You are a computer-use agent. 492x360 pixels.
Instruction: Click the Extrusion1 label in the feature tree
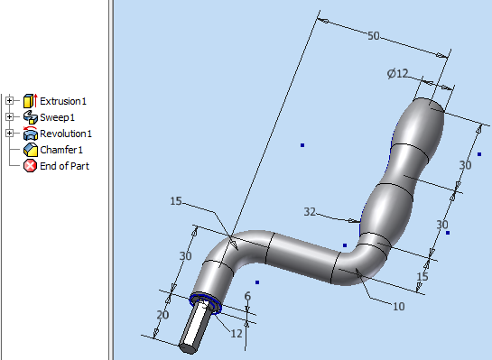[63, 101]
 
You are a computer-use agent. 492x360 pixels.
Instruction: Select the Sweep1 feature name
[57, 117]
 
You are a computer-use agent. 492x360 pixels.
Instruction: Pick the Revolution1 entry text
[66, 134]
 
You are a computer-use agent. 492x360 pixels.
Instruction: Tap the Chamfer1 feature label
[61, 150]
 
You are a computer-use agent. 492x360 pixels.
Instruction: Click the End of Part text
[64, 166]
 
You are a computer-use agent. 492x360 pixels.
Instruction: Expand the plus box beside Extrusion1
[9, 101]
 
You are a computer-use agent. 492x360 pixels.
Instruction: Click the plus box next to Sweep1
[9, 117]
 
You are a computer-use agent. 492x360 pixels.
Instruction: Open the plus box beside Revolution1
[9, 134]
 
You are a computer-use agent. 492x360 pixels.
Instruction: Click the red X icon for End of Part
[30, 166]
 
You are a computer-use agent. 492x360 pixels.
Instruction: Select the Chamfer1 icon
[31, 150]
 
